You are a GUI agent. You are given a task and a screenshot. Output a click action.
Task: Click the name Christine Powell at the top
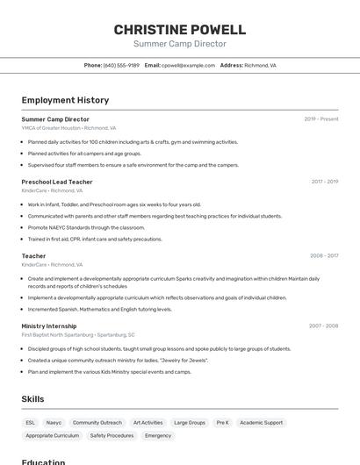(180, 29)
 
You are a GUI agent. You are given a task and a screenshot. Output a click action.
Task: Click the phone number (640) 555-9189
(121, 65)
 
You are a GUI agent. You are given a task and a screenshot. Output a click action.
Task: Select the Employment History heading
(65, 100)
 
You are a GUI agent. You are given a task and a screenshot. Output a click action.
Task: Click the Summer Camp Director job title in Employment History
(55, 119)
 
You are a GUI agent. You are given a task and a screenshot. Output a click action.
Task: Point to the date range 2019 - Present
(320, 119)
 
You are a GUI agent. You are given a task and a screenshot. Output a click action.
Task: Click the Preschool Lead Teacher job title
(57, 182)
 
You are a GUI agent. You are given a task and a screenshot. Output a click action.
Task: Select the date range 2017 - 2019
(324, 182)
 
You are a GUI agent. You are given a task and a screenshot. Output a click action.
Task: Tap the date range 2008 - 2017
(324, 256)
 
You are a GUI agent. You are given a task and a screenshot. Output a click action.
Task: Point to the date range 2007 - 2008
(323, 325)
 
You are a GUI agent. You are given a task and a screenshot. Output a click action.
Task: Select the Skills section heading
(32, 399)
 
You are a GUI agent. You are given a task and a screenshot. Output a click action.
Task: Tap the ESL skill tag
(31, 423)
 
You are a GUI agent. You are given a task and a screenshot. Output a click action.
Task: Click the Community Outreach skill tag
(97, 423)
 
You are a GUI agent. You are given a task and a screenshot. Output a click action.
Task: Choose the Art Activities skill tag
(148, 423)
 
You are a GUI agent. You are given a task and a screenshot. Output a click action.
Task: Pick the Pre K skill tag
(222, 423)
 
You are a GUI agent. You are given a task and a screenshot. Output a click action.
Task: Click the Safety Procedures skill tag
(112, 435)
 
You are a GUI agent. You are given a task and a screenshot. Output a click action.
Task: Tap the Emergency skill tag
(158, 435)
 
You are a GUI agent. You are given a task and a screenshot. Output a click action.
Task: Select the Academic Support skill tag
(262, 423)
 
